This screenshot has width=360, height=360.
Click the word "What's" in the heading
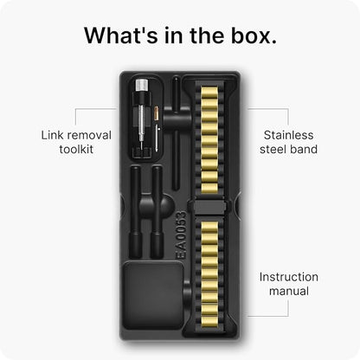(121, 35)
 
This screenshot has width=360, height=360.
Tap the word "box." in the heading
(254, 35)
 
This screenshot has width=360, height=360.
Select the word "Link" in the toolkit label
(52, 135)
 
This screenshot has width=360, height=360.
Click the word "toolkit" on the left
(76, 149)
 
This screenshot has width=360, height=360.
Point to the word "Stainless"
(288, 135)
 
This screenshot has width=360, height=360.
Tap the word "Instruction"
(289, 277)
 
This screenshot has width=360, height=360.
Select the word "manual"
(289, 291)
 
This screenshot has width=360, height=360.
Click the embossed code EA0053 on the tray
(181, 235)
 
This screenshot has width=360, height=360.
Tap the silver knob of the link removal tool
(142, 85)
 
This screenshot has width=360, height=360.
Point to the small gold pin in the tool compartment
(157, 113)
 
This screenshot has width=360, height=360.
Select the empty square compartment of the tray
(154, 295)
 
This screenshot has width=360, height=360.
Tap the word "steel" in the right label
(273, 149)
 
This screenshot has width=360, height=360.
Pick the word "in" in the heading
(174, 35)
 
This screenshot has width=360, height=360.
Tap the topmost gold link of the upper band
(209, 93)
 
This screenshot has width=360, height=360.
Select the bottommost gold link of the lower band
(209, 322)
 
